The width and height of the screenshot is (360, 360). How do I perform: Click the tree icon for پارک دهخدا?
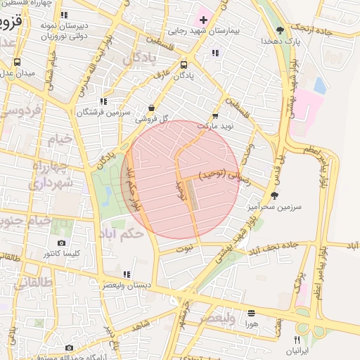click(x=280, y=30)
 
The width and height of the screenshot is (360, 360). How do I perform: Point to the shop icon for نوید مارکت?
click(x=214, y=116)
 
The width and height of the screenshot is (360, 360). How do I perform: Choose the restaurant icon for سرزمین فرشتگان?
click(x=104, y=101)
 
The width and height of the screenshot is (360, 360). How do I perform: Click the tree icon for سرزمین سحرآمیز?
click(x=274, y=195)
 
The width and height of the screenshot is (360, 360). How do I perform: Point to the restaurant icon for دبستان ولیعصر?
click(x=127, y=274)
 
